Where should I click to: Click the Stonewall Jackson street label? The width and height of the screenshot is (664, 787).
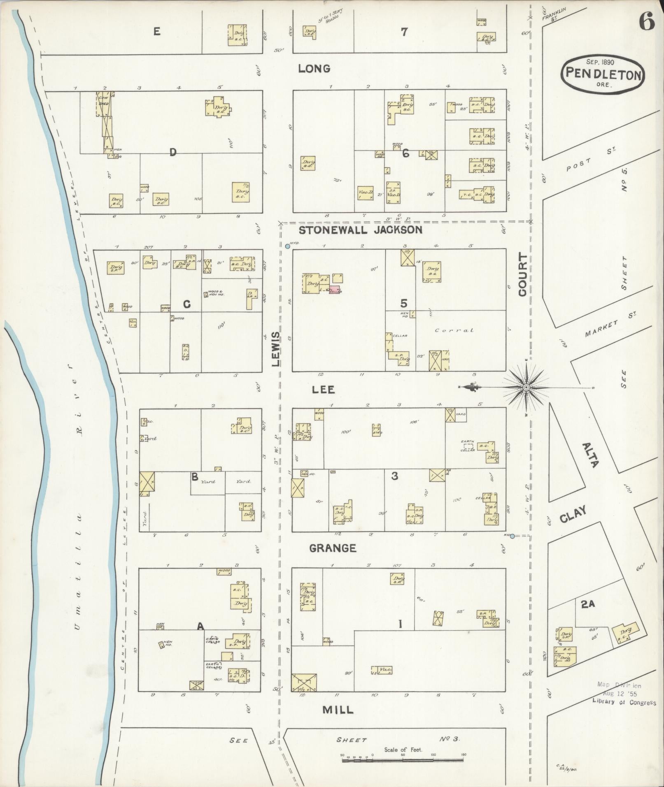point(360,230)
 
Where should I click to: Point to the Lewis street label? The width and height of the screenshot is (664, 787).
point(275,349)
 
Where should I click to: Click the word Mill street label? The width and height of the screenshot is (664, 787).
point(338,709)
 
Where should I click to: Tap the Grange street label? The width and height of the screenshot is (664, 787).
point(332,548)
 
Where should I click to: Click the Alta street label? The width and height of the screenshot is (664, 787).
point(590,455)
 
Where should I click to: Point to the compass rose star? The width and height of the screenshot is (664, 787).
point(526,388)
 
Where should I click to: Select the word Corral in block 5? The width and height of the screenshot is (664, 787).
point(454,330)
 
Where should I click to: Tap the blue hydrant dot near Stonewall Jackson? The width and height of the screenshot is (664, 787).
point(287,246)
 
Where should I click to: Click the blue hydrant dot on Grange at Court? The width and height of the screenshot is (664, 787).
point(512,536)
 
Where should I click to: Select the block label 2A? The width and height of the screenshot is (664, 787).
point(588,604)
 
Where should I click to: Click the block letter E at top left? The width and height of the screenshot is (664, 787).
point(157,31)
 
